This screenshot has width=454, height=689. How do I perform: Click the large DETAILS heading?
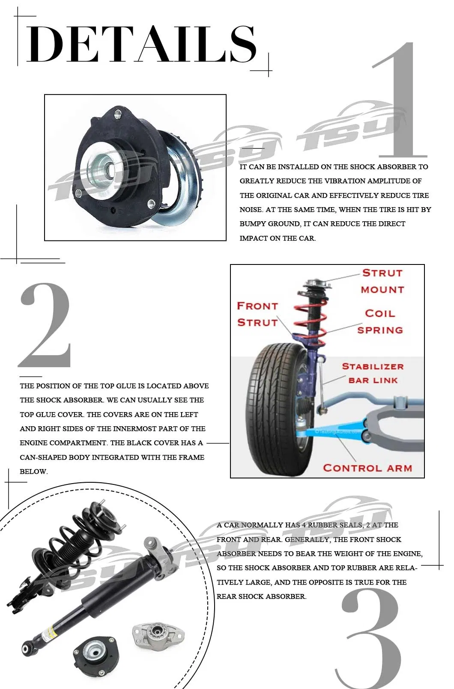click(x=141, y=44)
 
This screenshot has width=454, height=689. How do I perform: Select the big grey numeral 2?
click(x=45, y=325)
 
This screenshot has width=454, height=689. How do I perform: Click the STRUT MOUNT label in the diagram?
click(x=382, y=281)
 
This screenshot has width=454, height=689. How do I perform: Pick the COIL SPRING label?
click(x=380, y=321)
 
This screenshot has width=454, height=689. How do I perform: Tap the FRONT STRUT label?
click(x=257, y=314)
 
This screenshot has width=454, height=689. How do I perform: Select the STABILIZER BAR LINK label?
click(x=373, y=373)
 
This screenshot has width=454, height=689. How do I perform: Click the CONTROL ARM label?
click(x=367, y=468)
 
